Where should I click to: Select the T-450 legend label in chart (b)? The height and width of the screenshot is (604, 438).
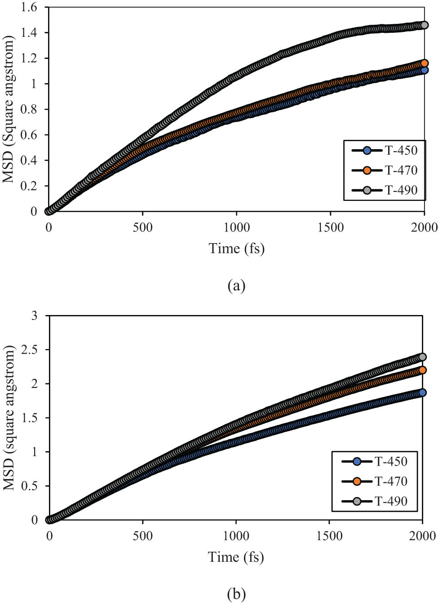tap(391, 462)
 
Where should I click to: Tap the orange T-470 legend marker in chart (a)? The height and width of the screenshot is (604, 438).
tap(367, 170)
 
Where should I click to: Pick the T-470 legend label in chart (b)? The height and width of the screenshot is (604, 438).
tap(391, 481)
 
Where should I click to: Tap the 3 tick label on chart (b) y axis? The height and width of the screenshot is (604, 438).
tap(35, 315)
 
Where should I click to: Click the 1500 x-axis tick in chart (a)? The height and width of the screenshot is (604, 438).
tap(331, 227)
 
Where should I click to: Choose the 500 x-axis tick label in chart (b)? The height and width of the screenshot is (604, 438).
tap(143, 536)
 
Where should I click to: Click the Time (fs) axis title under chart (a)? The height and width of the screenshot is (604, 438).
tap(236, 248)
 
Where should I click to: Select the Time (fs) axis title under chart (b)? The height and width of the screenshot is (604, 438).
tap(236, 557)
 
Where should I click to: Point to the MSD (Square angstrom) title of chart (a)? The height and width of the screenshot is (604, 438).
tap(9, 109)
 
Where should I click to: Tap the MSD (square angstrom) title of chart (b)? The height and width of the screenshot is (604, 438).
tap(9, 418)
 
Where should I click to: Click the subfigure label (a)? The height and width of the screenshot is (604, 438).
tap(236, 285)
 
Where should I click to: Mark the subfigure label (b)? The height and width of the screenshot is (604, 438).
tap(236, 594)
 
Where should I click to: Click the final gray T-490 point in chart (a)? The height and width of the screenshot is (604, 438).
tap(424, 25)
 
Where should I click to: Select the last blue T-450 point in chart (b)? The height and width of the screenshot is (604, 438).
tap(422, 392)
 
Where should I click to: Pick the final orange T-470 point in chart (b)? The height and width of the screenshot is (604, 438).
tap(422, 370)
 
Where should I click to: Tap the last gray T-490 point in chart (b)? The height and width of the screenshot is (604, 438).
tap(422, 357)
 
